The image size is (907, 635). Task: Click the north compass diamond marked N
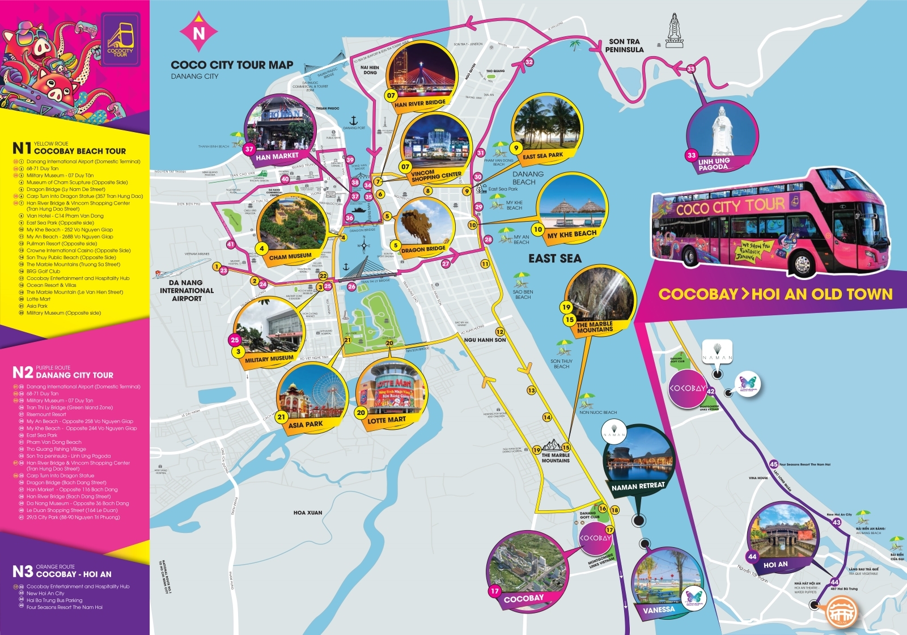point(198,33)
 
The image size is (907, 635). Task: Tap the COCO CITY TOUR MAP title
point(232,65)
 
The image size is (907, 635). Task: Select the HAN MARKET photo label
point(277,156)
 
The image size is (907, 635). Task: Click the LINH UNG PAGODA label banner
point(714,164)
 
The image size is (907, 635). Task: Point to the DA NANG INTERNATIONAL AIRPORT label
point(187,290)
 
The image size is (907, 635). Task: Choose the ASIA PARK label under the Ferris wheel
point(306,424)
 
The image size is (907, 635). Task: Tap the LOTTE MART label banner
point(387,420)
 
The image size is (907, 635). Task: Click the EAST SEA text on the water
point(555,259)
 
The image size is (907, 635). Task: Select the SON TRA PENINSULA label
point(624,45)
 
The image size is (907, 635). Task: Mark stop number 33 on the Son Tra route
point(690,69)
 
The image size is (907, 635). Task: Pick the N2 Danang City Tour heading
point(63,372)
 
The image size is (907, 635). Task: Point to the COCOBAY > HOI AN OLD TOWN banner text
point(775,294)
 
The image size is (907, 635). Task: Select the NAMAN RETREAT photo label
point(638,486)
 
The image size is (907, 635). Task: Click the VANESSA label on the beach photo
point(659,610)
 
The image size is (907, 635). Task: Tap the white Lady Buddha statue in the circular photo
point(721,130)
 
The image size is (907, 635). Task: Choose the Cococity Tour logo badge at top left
point(120,40)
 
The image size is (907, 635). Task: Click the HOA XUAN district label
point(308,513)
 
